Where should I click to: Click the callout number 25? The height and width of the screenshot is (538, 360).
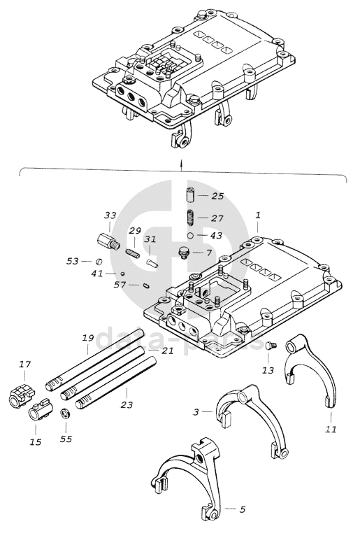click(x=217, y=197)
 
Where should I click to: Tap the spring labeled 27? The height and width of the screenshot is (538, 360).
click(x=190, y=217)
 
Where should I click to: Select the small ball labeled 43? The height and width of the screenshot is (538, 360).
click(x=191, y=235)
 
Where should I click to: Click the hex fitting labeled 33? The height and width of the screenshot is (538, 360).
click(x=108, y=242)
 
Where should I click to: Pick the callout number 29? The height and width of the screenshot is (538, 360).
click(x=135, y=231)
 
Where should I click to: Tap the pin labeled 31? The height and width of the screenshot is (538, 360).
click(x=151, y=264)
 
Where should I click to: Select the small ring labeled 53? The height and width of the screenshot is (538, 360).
click(x=99, y=261)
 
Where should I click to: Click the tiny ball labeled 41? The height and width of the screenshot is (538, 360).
click(x=122, y=274)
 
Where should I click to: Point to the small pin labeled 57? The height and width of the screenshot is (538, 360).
click(x=145, y=285)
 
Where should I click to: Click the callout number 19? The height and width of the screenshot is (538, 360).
click(x=88, y=338)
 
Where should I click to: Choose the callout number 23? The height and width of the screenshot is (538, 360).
click(x=127, y=405)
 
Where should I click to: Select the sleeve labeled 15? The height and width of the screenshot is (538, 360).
click(x=38, y=409)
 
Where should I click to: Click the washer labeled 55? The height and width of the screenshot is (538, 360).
click(x=65, y=413)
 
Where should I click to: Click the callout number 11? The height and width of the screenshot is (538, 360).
click(x=331, y=429)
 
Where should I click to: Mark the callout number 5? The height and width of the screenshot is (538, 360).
click(x=242, y=509)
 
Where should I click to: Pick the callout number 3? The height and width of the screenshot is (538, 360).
click(x=196, y=412)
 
